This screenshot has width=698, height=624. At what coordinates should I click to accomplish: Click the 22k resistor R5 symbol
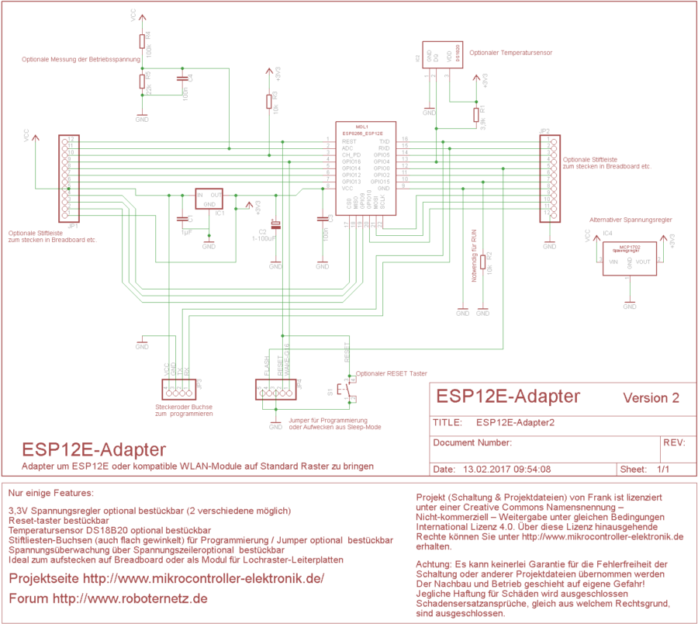coord(142,81)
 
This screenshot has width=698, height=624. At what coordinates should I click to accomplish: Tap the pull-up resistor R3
coord(269,102)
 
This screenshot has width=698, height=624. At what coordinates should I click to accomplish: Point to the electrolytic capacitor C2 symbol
coord(275,226)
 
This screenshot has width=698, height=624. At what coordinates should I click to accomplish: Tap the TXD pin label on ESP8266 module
coord(384,141)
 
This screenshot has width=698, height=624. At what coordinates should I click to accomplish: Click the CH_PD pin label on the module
coord(351,154)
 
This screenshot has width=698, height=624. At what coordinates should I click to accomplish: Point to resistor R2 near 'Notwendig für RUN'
coord(483,262)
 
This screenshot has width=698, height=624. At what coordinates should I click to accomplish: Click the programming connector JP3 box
coord(178,385)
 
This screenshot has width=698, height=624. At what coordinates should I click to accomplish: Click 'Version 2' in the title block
coord(651,398)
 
